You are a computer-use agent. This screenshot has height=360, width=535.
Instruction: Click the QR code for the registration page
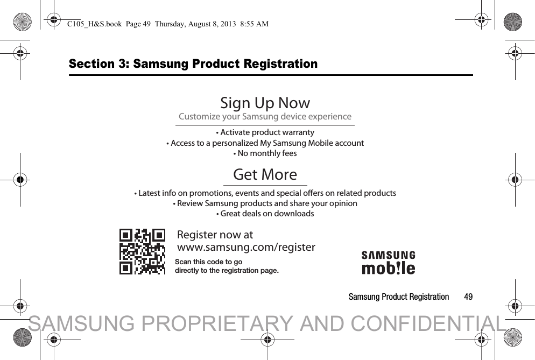click(x=142, y=251)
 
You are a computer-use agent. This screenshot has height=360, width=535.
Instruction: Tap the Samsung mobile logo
click(x=388, y=263)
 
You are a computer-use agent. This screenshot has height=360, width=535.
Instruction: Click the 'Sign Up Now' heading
click(x=265, y=103)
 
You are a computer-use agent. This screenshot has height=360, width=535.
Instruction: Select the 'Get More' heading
click(x=265, y=174)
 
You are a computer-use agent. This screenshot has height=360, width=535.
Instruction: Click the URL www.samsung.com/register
click(x=246, y=246)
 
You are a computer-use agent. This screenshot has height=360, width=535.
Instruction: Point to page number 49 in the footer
click(x=468, y=297)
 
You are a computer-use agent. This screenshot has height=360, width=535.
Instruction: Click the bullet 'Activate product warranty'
click(x=265, y=132)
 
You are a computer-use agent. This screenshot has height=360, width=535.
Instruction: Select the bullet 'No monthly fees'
click(x=265, y=153)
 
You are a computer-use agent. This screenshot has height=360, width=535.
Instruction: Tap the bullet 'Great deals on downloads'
click(x=265, y=214)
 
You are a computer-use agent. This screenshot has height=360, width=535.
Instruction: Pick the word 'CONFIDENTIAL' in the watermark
click(x=428, y=323)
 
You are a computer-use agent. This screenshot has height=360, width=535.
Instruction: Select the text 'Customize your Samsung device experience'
click(x=265, y=117)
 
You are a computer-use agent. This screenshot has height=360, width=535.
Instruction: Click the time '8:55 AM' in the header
click(x=254, y=24)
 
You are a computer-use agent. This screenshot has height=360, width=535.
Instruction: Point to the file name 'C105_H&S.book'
click(x=95, y=24)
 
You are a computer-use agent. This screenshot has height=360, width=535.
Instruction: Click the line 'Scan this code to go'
click(x=208, y=262)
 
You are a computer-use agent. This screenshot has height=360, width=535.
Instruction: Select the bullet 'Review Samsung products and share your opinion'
click(x=265, y=203)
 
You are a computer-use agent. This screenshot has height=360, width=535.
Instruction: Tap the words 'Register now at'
click(x=215, y=235)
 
